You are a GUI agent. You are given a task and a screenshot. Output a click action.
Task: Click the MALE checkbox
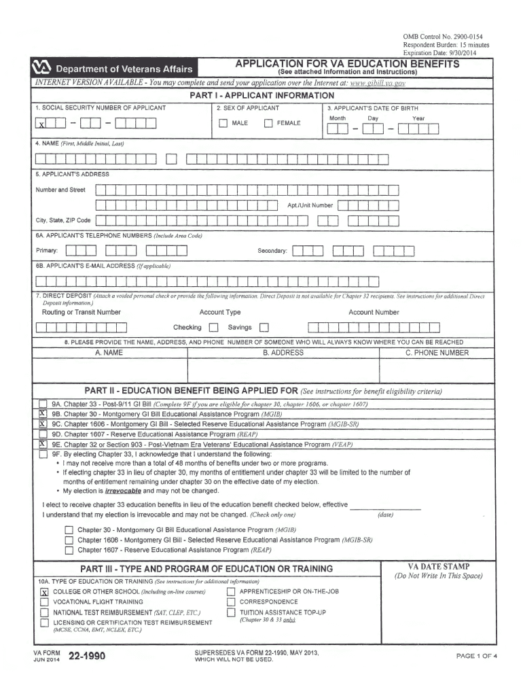(223, 123)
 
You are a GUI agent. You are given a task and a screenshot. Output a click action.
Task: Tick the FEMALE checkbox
(268, 123)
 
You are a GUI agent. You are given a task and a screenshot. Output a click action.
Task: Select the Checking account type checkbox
(212, 328)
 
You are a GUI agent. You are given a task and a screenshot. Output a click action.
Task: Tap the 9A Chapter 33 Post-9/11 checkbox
(43, 404)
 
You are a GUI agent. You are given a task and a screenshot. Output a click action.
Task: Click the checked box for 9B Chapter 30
(43, 413)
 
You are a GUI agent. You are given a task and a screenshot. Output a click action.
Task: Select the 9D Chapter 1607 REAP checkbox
(43, 434)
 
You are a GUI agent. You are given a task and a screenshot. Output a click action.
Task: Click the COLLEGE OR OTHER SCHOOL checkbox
(44, 592)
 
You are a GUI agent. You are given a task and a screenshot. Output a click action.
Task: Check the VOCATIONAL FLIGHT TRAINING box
(44, 602)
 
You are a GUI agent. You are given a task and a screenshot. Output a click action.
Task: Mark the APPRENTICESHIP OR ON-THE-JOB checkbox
(231, 591)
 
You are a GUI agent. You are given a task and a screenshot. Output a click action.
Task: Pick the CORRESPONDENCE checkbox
(231, 602)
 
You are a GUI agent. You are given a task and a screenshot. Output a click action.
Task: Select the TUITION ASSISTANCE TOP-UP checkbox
(231, 612)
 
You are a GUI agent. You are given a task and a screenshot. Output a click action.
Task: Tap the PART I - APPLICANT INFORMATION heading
(261, 96)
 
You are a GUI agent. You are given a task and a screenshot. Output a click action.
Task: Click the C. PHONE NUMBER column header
(437, 353)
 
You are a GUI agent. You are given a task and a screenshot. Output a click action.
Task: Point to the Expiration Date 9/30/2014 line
(435, 52)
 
